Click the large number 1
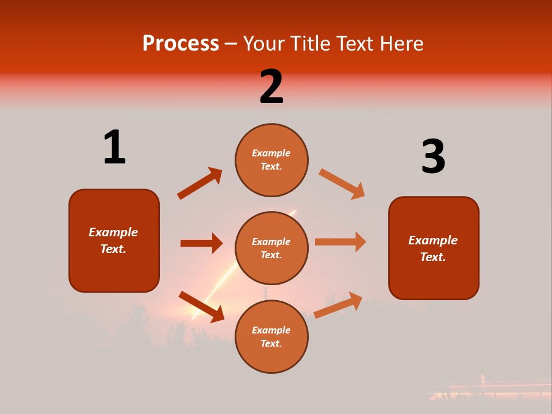(114, 148)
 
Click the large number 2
(271, 87)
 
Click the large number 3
(433, 157)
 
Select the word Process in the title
(181, 43)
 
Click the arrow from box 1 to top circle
(200, 183)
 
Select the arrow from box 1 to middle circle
(201, 243)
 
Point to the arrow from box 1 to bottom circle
(202, 306)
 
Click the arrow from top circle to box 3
(342, 184)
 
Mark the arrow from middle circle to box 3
(340, 241)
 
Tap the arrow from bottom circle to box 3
(338, 305)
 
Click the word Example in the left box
(113, 232)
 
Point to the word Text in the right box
(432, 257)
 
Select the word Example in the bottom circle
(271, 330)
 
